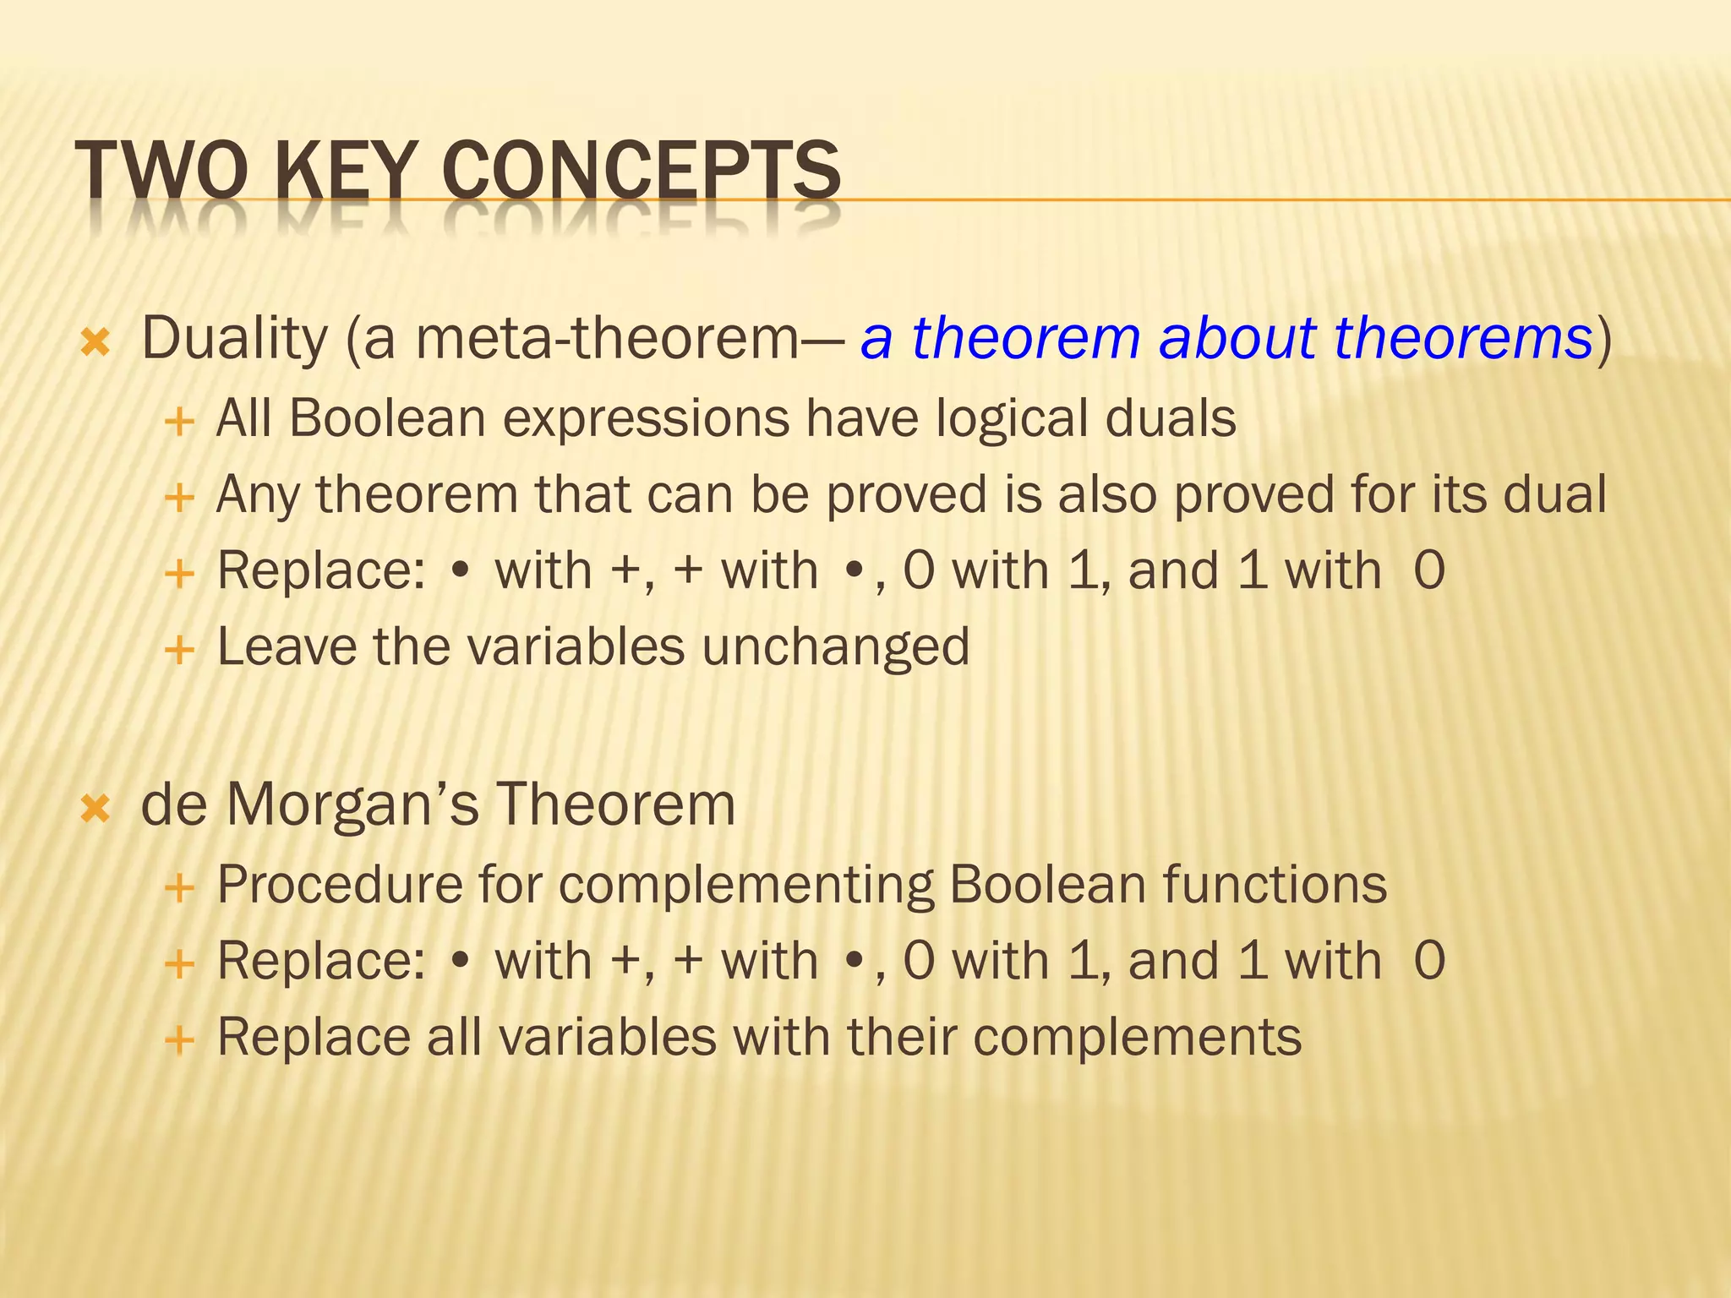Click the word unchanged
click(835, 647)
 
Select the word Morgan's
click(352, 804)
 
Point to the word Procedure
click(340, 886)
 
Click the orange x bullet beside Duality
click(96, 342)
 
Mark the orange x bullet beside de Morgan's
click(96, 809)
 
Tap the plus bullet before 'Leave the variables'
click(179, 651)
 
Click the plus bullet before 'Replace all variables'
click(179, 1039)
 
